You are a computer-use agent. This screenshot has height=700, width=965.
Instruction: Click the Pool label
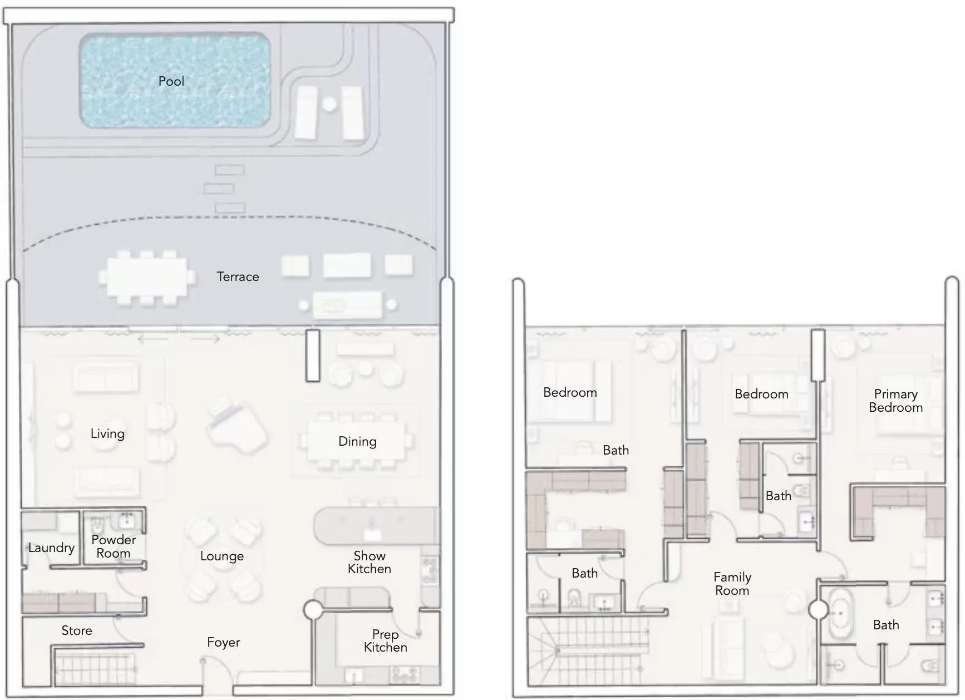tap(171, 81)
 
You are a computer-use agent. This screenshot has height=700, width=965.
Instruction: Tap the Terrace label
tap(238, 277)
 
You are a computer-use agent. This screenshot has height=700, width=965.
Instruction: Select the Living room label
tap(107, 434)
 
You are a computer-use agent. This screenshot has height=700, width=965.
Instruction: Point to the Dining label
tap(357, 442)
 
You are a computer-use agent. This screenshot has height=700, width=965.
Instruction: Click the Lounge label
tap(222, 556)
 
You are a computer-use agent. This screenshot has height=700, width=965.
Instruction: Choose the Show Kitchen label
tap(370, 562)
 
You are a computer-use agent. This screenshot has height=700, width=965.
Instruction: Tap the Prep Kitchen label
tap(386, 641)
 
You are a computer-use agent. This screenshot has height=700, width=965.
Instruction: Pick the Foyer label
tap(223, 643)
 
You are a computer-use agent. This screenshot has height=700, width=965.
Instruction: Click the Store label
tap(77, 630)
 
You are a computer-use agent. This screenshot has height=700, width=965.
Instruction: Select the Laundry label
tap(51, 548)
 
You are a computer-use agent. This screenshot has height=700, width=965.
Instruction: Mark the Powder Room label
tap(114, 546)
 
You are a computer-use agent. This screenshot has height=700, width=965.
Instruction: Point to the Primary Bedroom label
tap(895, 401)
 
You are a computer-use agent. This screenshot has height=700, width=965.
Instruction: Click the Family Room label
tap(732, 584)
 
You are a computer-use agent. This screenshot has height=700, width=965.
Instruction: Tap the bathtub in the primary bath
tap(840, 615)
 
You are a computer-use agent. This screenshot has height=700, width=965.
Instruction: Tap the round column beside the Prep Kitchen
tap(313, 610)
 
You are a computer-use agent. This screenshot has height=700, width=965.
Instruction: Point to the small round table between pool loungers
tap(329, 103)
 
